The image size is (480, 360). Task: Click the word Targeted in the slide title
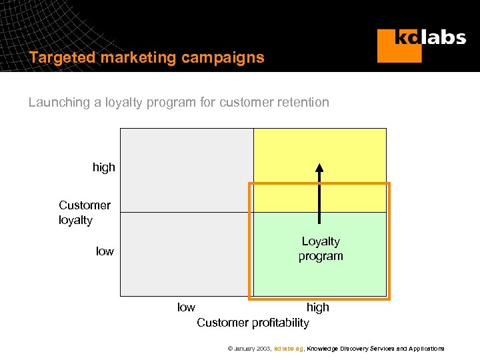coord(62,57)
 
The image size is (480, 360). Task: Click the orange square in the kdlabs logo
coord(399,46)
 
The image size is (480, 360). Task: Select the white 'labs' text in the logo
coord(444,37)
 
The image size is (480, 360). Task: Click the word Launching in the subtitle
coord(59,102)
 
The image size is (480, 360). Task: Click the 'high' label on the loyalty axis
coord(104,167)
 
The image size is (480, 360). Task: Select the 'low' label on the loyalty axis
coord(105,251)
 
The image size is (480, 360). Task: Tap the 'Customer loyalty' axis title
coord(85,213)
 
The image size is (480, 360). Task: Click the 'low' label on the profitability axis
coord(186,307)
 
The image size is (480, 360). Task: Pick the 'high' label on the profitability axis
coord(317,307)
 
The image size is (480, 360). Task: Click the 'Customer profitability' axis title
coord(253,323)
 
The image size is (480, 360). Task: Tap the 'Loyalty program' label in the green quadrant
coord(321,249)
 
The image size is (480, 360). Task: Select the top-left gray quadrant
coord(187,170)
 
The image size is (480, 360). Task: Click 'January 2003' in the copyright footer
coord(252,349)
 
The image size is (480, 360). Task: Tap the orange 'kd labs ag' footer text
coord(289,349)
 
